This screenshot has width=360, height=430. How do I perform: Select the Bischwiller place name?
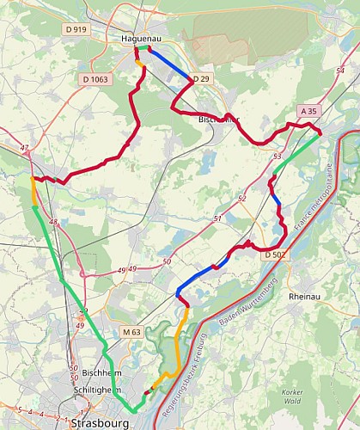click(x=217, y=120)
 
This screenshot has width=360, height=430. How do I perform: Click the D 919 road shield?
click(x=76, y=29)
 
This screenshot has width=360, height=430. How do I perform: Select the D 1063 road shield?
click(x=95, y=79)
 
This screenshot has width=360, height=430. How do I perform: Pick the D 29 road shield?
click(x=201, y=79)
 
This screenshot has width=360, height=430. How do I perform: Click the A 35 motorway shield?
click(x=309, y=112)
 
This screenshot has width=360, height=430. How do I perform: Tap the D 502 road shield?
click(x=275, y=255)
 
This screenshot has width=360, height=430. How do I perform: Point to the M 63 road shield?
click(x=131, y=332)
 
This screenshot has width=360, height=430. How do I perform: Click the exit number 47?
click(x=24, y=149)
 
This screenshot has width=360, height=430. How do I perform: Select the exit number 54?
click(x=340, y=82)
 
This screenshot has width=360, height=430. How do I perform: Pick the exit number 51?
click(x=217, y=218)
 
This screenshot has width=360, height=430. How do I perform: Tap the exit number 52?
click(x=242, y=199)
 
